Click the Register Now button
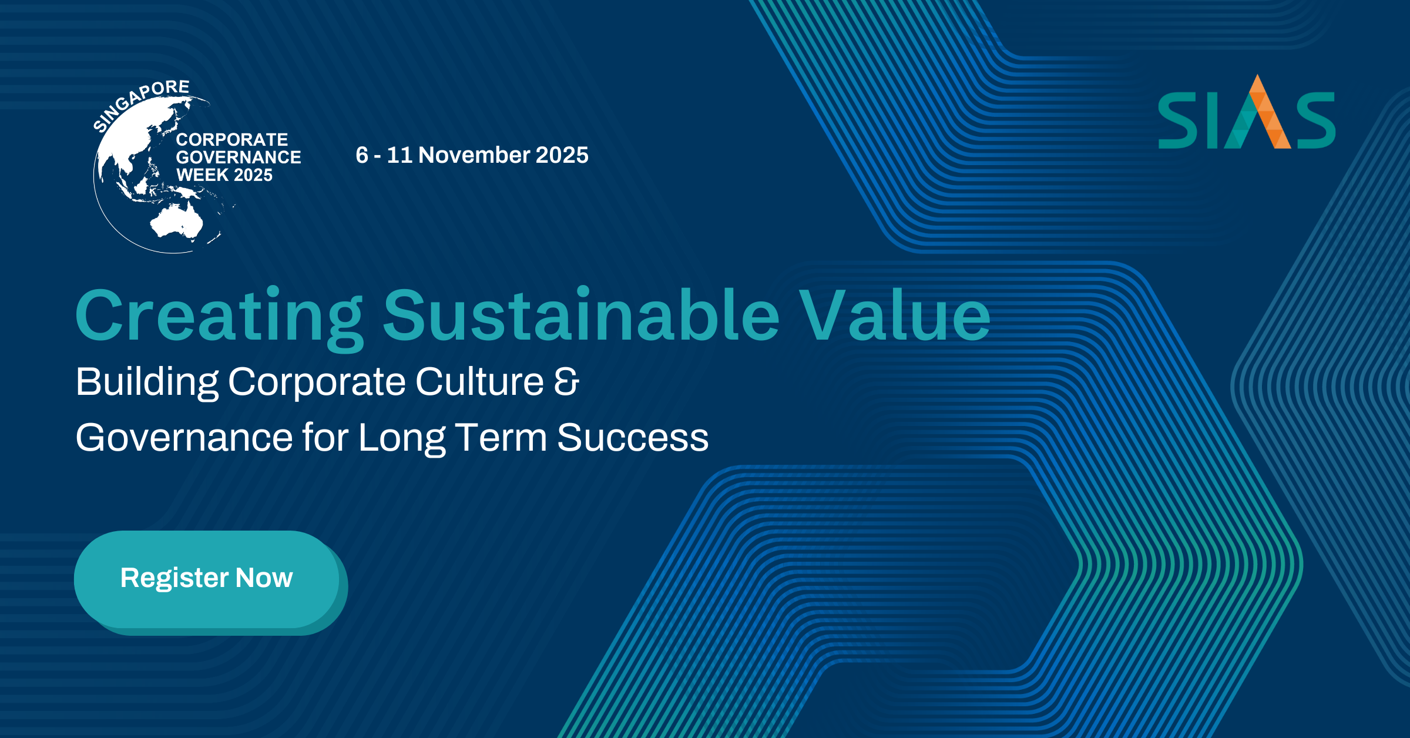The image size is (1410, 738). click(207, 579)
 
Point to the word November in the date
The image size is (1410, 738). click(474, 155)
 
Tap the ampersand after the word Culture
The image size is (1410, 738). click(566, 381)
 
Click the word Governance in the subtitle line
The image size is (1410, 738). click(184, 437)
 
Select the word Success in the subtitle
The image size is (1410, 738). click(633, 438)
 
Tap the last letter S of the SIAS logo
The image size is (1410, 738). click(1316, 121)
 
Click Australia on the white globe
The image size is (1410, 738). click(176, 222)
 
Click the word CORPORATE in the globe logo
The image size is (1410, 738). click(232, 140)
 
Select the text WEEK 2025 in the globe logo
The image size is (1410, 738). click(224, 175)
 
